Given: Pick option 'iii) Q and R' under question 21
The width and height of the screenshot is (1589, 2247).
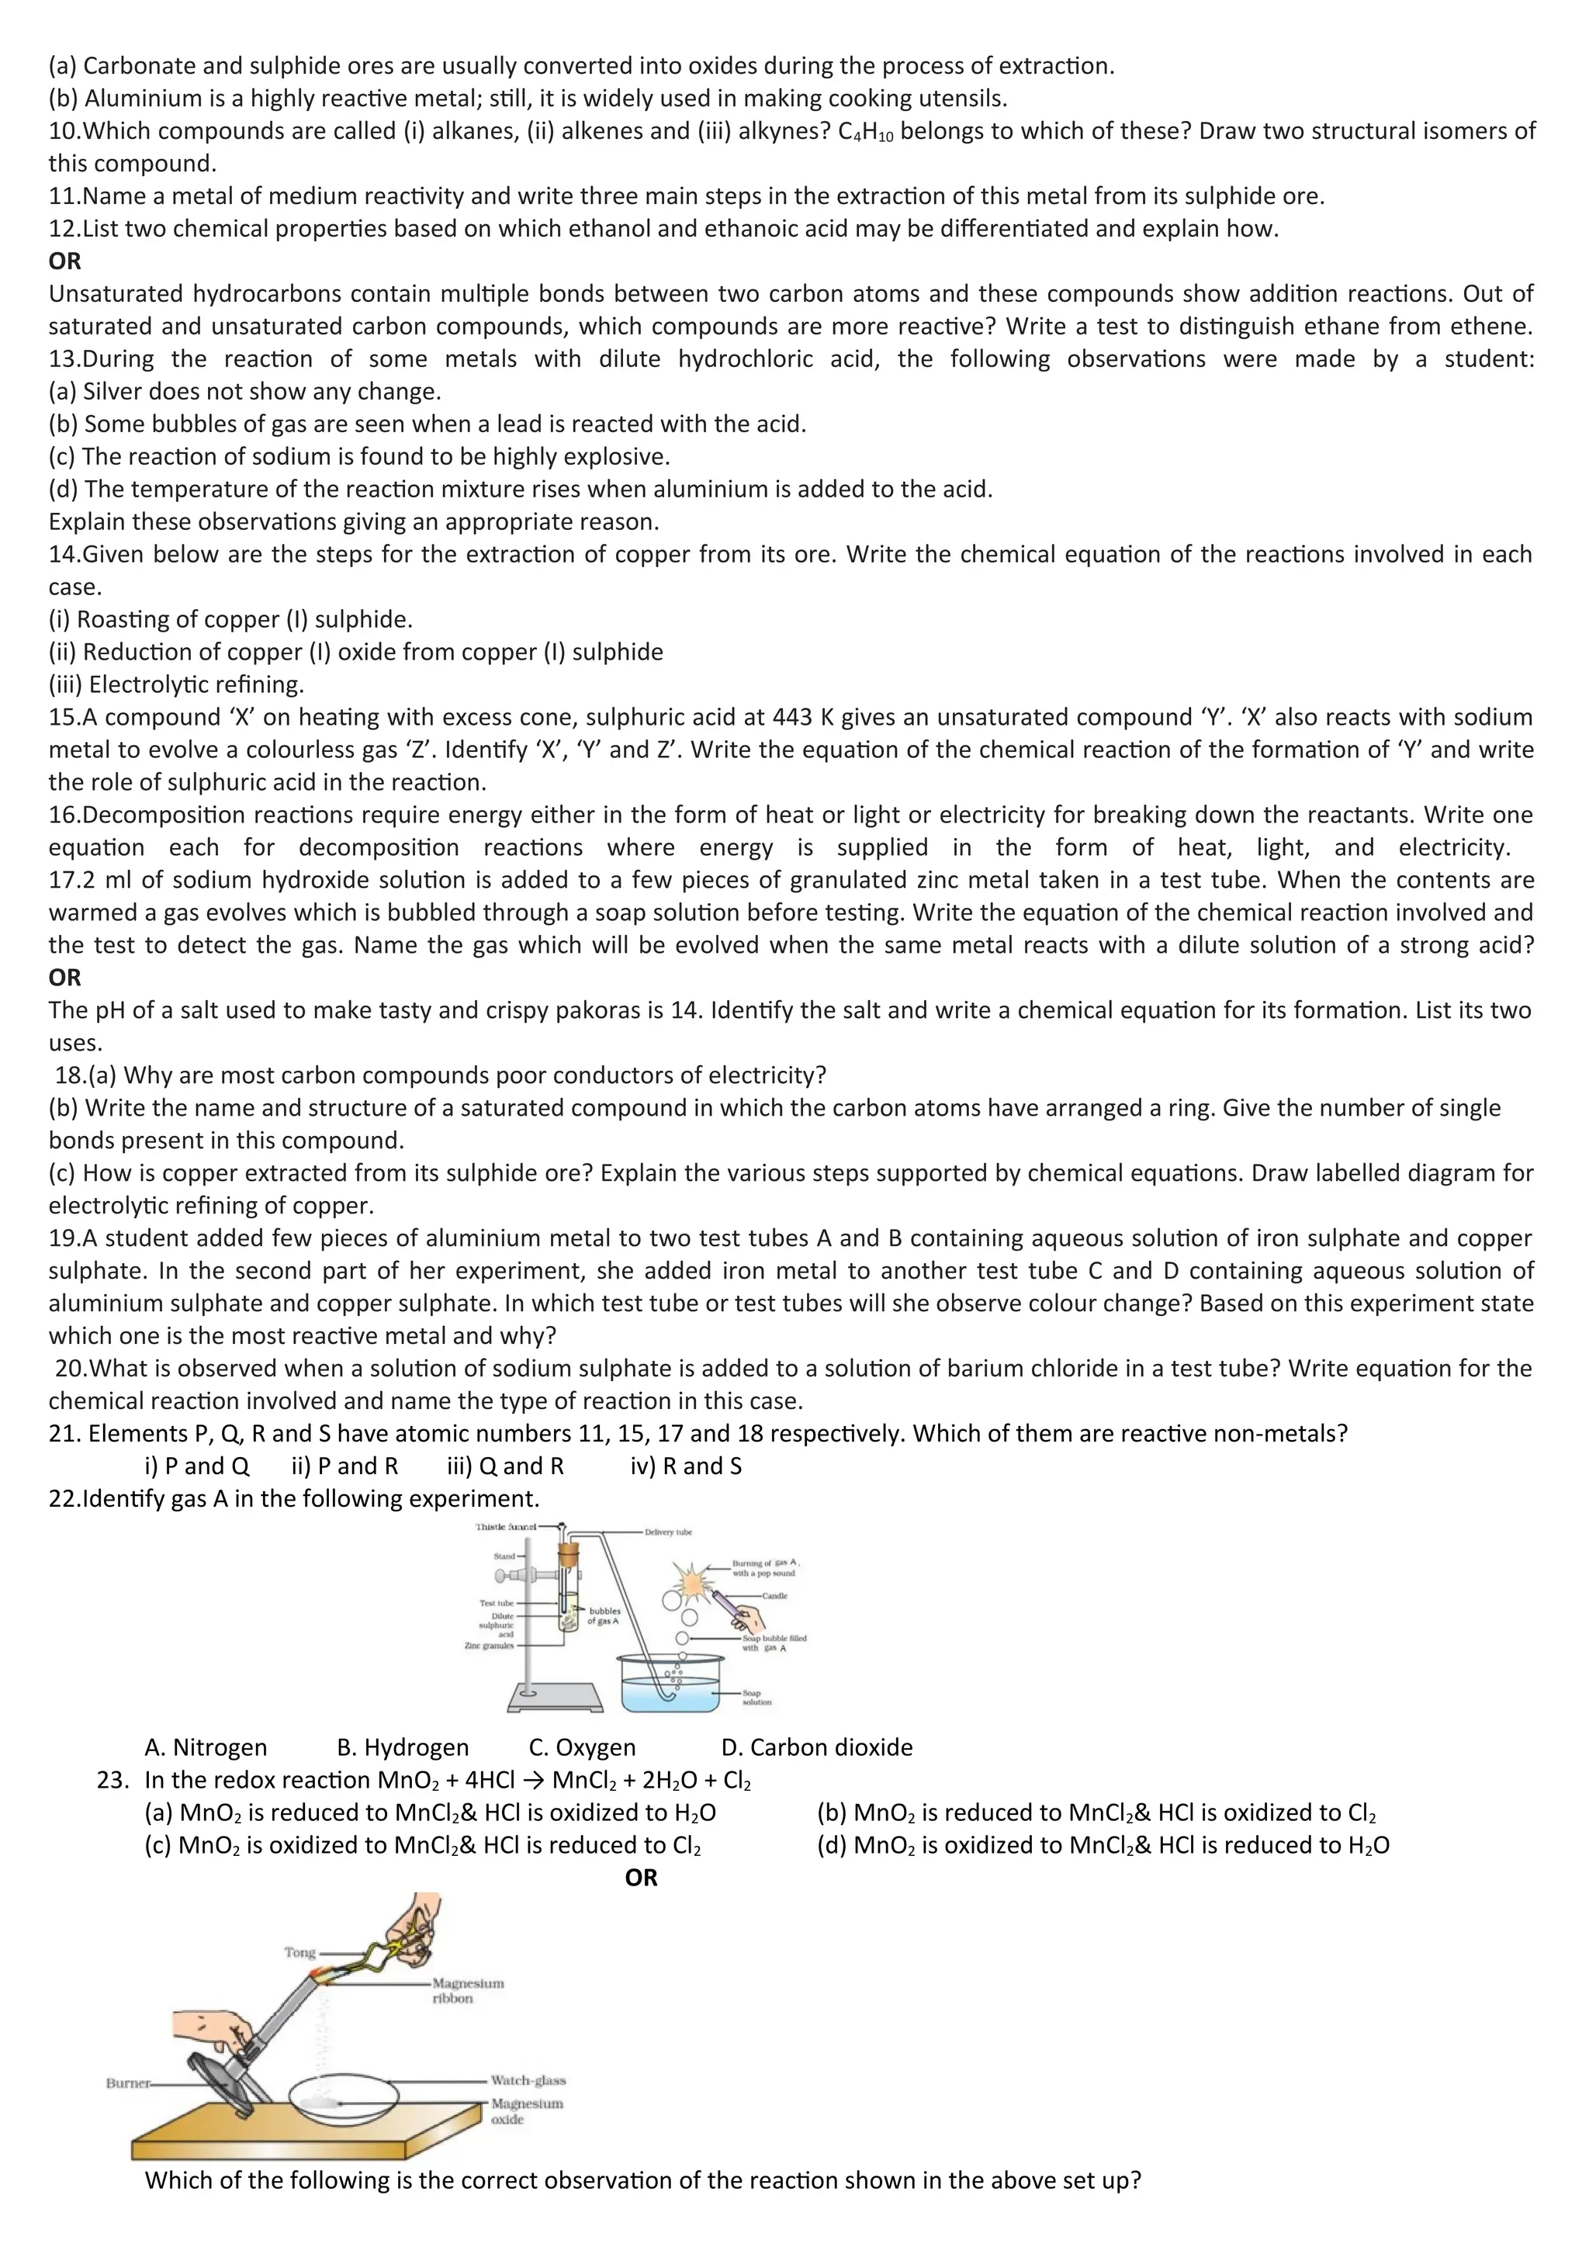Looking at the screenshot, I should [x=505, y=1466].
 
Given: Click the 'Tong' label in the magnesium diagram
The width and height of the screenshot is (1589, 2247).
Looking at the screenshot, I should [x=299, y=1952].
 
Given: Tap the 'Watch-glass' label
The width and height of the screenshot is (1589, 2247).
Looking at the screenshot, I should [x=528, y=2081].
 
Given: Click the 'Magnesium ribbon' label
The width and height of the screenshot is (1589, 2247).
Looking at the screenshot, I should [x=468, y=1991].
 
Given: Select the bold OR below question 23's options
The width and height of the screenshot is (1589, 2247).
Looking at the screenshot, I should [x=641, y=1877].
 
